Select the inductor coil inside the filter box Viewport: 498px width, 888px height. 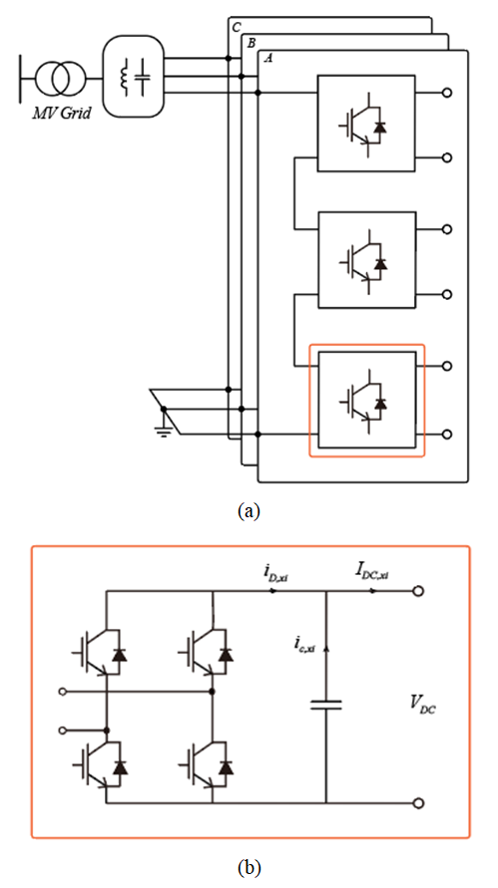click(x=123, y=77)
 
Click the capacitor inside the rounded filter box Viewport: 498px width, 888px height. click(x=145, y=77)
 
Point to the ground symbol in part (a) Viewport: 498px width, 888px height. click(x=164, y=426)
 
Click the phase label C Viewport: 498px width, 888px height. click(x=236, y=26)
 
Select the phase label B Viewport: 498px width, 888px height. click(x=250, y=43)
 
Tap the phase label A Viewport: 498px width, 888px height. click(x=268, y=59)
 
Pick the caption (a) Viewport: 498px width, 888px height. click(x=249, y=511)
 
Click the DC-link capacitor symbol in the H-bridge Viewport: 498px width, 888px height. click(x=326, y=705)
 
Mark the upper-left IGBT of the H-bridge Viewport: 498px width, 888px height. click(x=101, y=654)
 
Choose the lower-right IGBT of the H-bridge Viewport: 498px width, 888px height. click(x=207, y=766)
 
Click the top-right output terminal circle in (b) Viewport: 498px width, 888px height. click(x=418, y=591)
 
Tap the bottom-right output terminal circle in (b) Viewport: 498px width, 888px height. click(x=418, y=803)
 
